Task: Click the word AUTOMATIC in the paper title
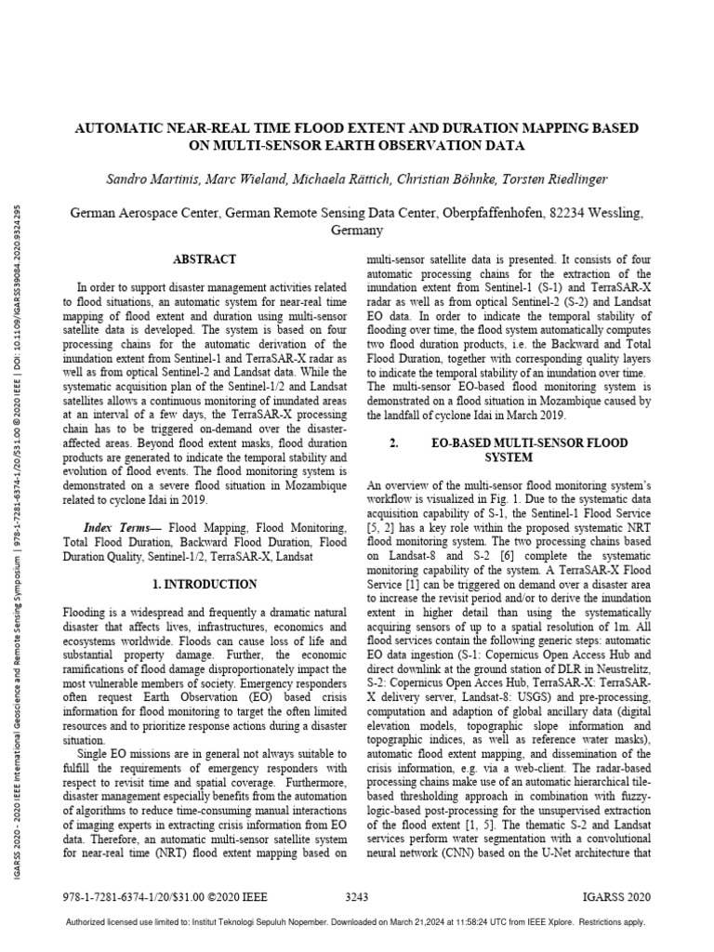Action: point(124,126)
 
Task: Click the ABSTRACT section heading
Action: point(205,259)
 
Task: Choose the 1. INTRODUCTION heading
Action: point(205,584)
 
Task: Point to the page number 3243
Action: point(358,899)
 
